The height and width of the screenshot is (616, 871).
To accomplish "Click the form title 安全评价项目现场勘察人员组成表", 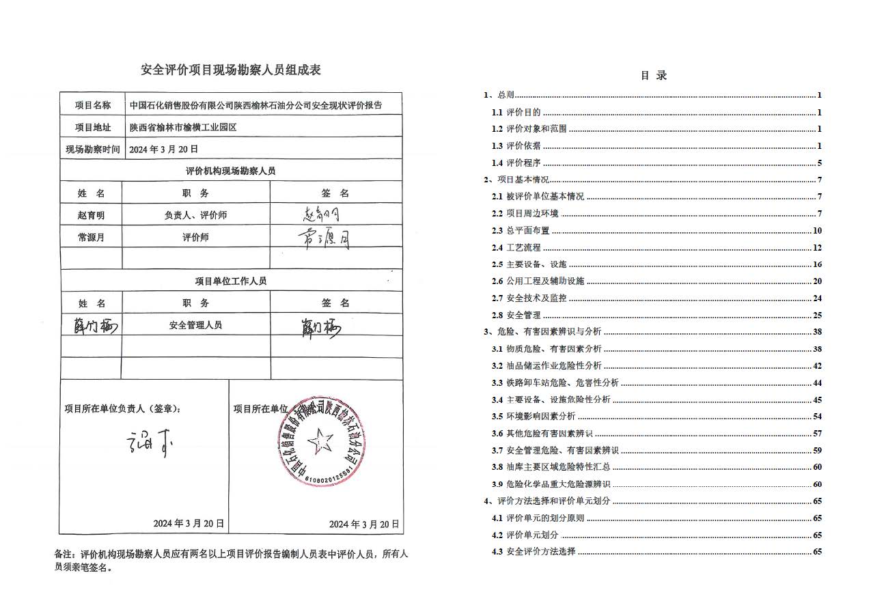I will [230, 70].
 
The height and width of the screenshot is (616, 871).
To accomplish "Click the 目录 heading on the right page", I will [654, 76].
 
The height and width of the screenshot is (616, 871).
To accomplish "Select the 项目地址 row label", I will [92, 127].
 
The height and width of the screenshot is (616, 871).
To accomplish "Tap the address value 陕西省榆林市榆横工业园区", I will [183, 127].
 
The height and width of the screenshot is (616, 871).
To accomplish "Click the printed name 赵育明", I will [92, 215].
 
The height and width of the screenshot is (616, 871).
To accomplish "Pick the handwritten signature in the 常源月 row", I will [325, 238].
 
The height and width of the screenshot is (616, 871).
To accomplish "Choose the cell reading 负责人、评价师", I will [195, 215].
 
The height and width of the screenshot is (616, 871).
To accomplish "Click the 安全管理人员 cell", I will [195, 325].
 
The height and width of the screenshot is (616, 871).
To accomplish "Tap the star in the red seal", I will [320, 442].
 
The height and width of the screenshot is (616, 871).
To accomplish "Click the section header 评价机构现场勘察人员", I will [230, 171].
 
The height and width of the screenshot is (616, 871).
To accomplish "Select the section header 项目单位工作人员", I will [230, 281].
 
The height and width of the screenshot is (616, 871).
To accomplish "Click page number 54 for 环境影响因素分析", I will [817, 417].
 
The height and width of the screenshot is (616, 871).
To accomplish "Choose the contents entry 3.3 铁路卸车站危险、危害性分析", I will [555, 383].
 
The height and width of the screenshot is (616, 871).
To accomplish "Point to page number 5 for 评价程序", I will [819, 163].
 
